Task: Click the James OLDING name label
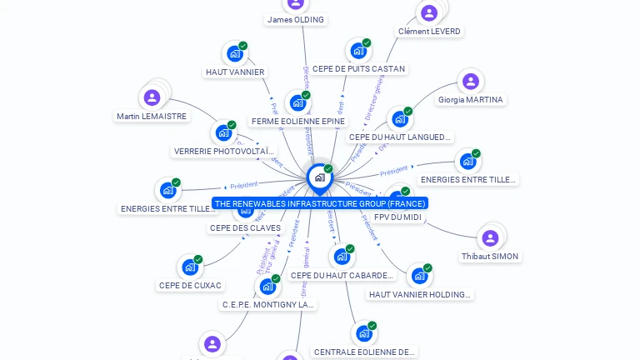click(x=296, y=19)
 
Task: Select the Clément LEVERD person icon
click(x=429, y=12)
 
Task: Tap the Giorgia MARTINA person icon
click(x=470, y=82)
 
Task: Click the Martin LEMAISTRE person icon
click(x=152, y=97)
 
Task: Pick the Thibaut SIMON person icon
click(x=490, y=237)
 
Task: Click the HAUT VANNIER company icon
click(x=235, y=54)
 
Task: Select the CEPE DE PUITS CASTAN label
click(x=358, y=68)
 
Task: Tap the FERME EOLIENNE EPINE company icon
click(x=297, y=103)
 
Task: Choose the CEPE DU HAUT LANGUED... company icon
click(x=400, y=119)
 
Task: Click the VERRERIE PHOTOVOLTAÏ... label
click(x=224, y=151)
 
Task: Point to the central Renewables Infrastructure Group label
click(x=320, y=203)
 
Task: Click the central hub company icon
click(x=319, y=177)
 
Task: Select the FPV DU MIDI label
click(x=398, y=217)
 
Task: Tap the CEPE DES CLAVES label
click(x=245, y=227)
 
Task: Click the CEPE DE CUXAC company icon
click(x=190, y=267)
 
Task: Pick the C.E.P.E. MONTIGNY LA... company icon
click(x=267, y=287)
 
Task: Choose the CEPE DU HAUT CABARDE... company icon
click(x=342, y=257)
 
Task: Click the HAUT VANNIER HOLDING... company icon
click(x=419, y=276)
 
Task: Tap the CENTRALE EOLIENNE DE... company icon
click(x=364, y=333)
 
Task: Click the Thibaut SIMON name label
click(x=490, y=256)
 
